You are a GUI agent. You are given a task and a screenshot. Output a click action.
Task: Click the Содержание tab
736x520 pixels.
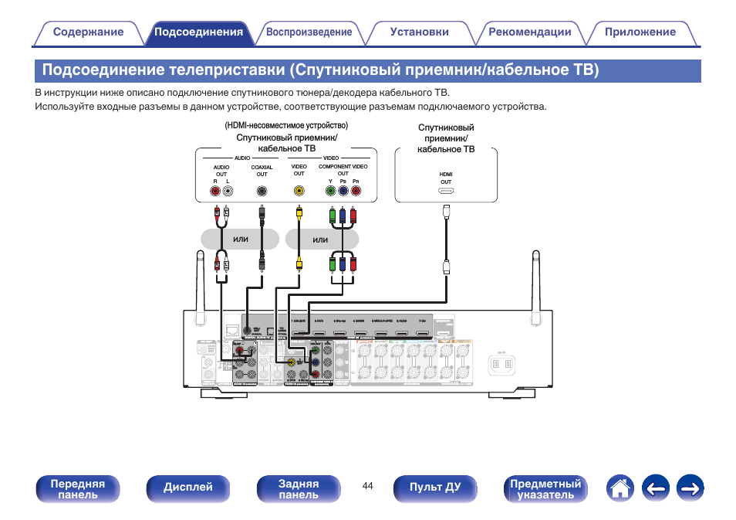[x=88, y=32]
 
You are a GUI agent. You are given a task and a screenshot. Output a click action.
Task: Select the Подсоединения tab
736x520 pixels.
[x=198, y=32]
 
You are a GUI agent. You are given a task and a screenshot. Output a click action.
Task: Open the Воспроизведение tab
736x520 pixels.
[x=309, y=32]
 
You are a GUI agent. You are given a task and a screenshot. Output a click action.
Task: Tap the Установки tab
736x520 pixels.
[x=419, y=32]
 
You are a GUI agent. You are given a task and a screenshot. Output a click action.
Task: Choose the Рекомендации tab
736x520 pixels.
[x=529, y=32]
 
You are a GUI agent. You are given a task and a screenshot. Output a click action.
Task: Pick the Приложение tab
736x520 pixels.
[x=640, y=32]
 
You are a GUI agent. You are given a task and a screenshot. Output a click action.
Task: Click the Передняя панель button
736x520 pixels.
[x=77, y=489]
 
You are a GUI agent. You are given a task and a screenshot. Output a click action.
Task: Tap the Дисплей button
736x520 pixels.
[x=187, y=488]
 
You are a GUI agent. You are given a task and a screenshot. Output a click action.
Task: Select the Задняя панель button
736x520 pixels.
[x=299, y=489]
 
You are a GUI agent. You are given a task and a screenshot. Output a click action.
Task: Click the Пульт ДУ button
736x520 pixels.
[x=435, y=488]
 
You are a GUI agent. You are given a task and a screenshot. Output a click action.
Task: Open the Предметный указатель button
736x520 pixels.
[x=545, y=489]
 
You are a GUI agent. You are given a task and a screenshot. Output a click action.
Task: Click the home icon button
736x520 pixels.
[x=620, y=488]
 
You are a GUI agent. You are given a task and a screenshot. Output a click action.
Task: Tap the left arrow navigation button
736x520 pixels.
[x=655, y=488]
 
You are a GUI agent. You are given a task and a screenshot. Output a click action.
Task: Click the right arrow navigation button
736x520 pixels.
[x=690, y=488]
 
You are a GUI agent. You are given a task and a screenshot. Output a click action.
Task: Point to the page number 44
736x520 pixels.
[x=367, y=485]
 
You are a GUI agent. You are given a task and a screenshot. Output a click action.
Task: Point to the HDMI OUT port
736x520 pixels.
[x=446, y=190]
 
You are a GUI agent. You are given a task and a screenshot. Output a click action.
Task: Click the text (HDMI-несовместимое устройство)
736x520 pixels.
[x=286, y=125]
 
